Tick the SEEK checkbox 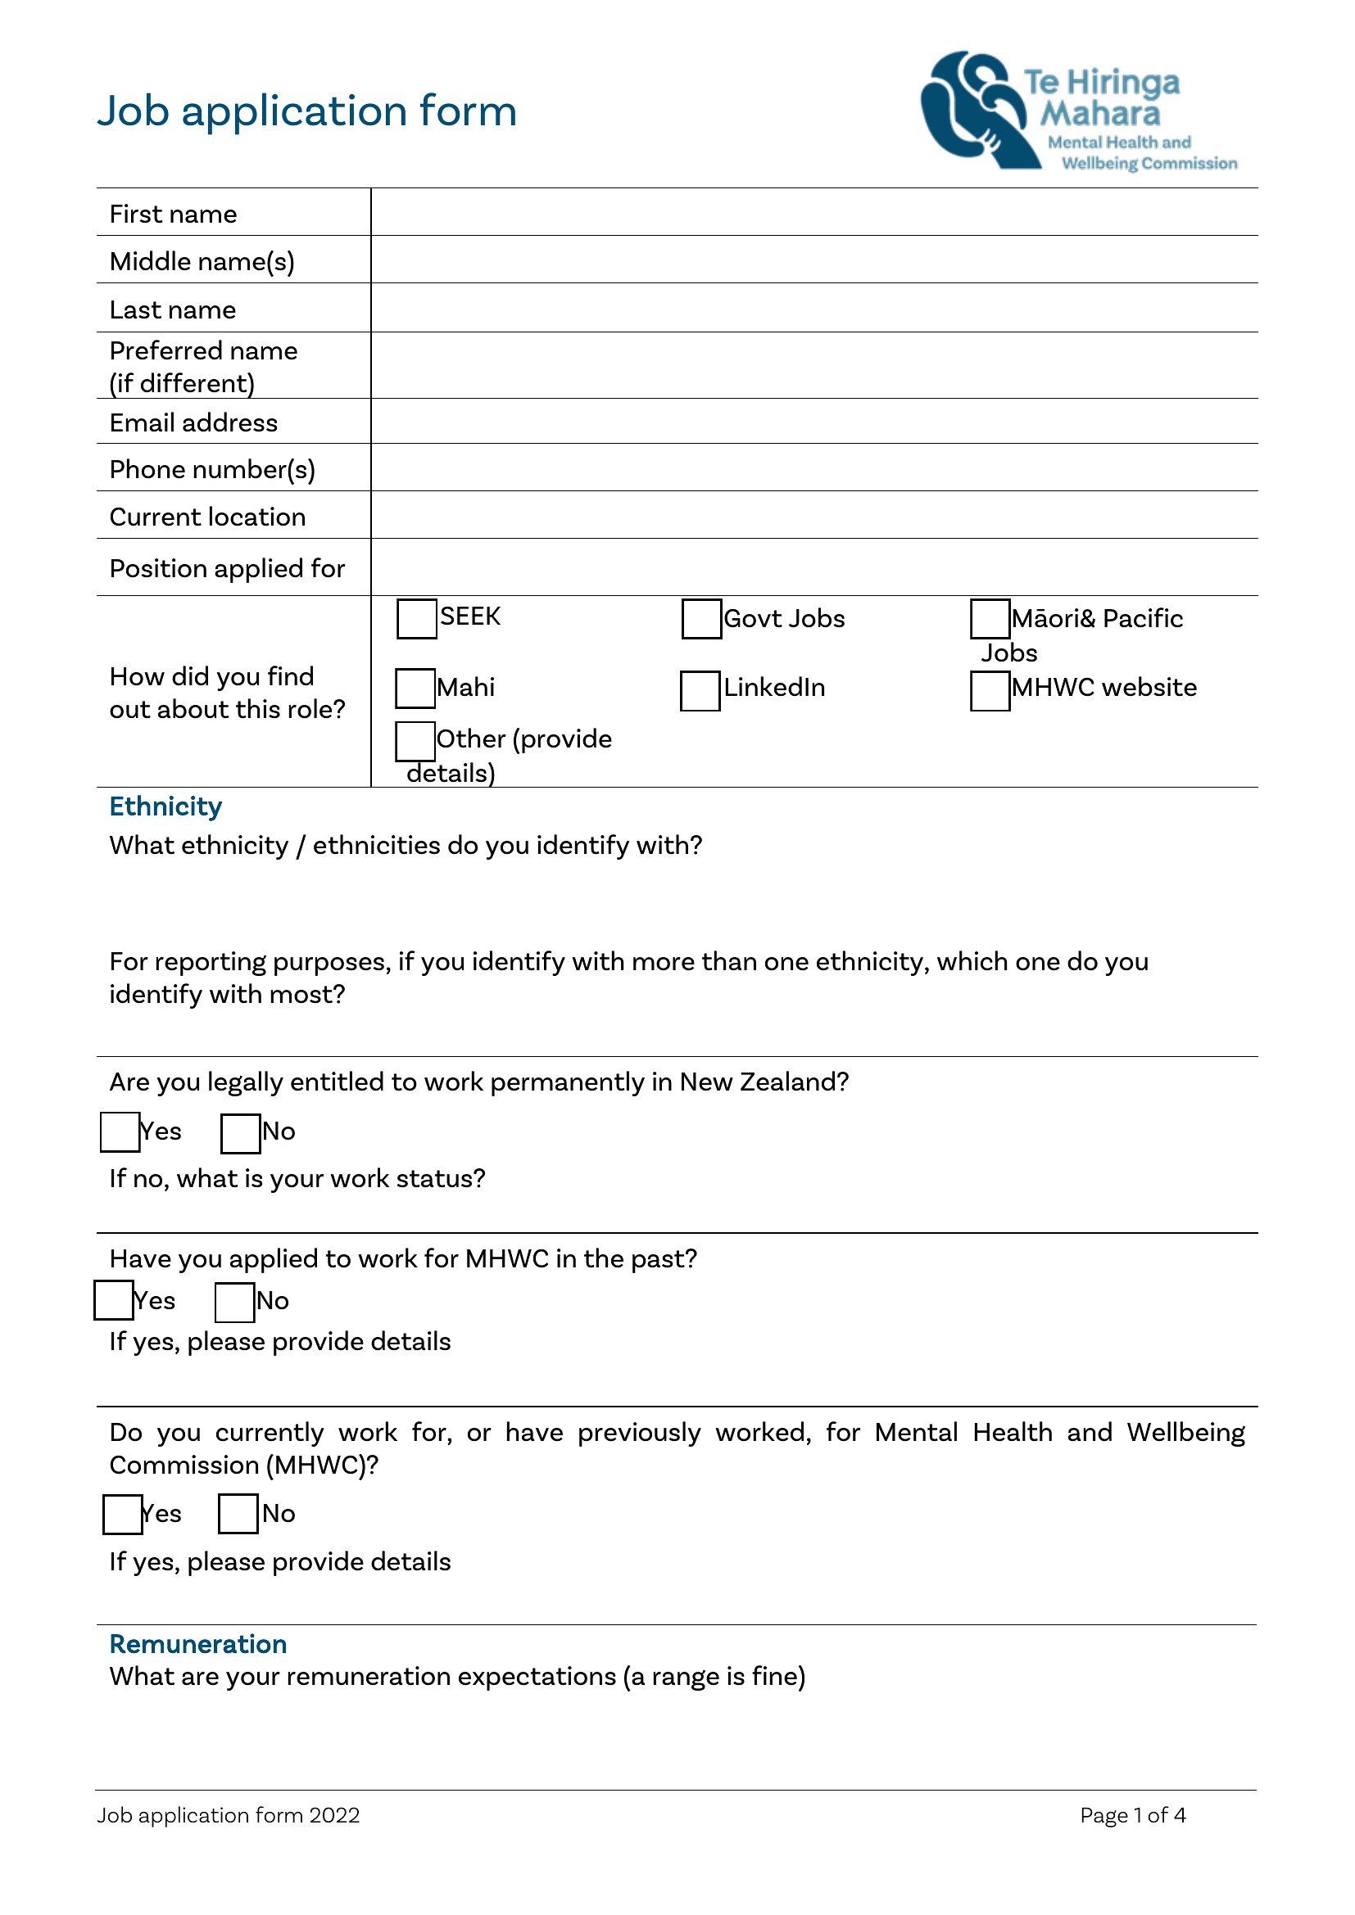(416, 619)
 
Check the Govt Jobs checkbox (701, 619)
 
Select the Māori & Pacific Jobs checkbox (990, 619)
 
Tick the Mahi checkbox (415, 688)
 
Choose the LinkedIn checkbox (699, 691)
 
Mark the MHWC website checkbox (990, 691)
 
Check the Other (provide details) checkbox (415, 742)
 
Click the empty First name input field (813, 213)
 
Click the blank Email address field (813, 421)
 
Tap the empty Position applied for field (813, 567)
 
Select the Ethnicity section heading (165, 806)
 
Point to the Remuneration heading (197, 1644)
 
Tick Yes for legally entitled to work (120, 1132)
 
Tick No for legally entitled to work (240, 1133)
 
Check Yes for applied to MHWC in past (114, 1301)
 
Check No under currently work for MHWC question (238, 1514)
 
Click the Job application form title (306, 111)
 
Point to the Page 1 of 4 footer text (1132, 1815)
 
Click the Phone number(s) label (212, 470)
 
